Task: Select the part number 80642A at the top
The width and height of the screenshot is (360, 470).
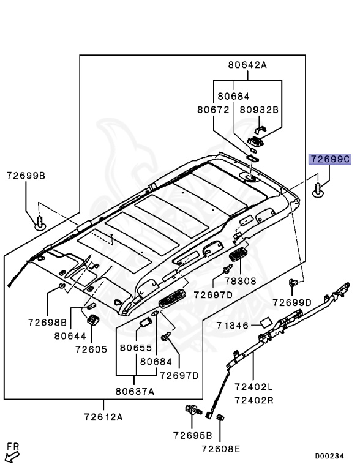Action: point(248,65)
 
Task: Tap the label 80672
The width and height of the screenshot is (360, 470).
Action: point(212,110)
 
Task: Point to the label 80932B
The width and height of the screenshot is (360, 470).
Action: point(258,110)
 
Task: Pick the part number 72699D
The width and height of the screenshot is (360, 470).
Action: point(292,302)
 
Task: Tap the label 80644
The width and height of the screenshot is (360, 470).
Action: point(69,335)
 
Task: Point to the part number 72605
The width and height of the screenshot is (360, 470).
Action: point(91,349)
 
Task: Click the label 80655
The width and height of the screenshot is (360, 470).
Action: point(135,348)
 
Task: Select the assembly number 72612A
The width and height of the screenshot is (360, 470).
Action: point(103,417)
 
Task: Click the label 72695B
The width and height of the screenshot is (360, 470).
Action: point(192,435)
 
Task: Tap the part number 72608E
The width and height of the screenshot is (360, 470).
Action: point(221,449)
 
